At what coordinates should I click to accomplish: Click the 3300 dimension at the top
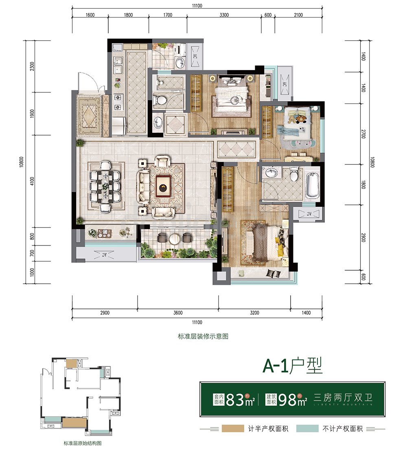pos(224,15)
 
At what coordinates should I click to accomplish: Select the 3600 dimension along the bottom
pos(177,313)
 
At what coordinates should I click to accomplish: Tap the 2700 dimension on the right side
pos(363,134)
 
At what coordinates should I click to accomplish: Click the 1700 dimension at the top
pos(167,15)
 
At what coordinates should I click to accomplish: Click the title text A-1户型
pos(292,366)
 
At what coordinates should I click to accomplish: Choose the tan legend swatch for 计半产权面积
pos(233,429)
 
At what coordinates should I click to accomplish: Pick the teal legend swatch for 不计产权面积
pos(307,429)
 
